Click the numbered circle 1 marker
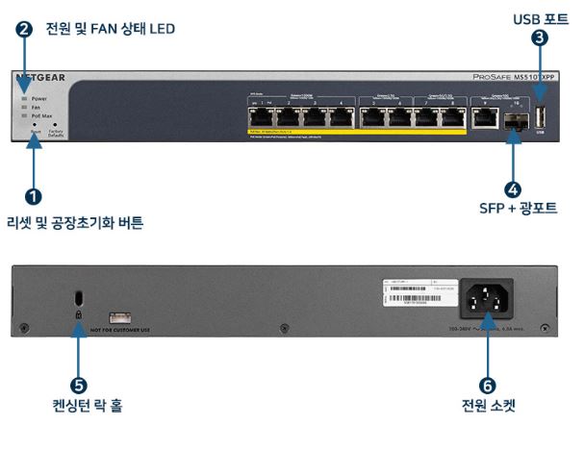[35, 196]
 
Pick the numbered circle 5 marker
[81, 384]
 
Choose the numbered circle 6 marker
[488, 385]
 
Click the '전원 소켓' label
[488, 406]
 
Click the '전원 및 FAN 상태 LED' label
[110, 29]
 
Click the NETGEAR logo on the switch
[39, 77]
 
